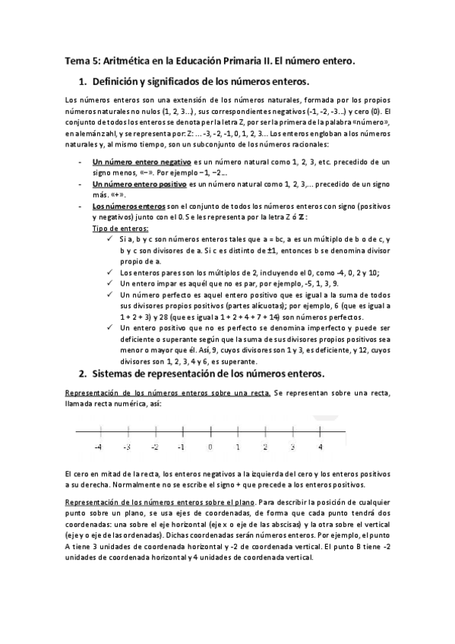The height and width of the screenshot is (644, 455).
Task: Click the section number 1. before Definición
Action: pyautogui.click(x=83, y=81)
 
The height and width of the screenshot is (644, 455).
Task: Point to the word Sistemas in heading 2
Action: pyautogui.click(x=115, y=374)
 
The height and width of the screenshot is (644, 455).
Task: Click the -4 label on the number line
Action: pyautogui.click(x=99, y=447)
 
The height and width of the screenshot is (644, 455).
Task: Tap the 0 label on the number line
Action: pyautogui.click(x=210, y=447)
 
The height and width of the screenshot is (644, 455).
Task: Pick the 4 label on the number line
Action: pyautogui.click(x=320, y=447)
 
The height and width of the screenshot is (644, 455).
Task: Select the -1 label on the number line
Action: pyautogui.click(x=182, y=447)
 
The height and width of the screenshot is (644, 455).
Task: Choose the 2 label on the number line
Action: pyautogui.click(x=265, y=447)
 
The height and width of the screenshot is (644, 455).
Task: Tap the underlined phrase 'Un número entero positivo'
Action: pyautogui.click(x=139, y=185)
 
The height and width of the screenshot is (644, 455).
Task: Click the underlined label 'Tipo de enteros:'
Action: pyautogui.click(x=120, y=228)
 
